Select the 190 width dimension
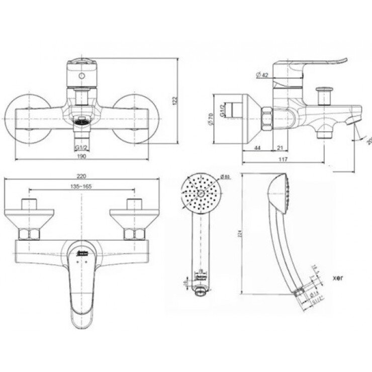82,157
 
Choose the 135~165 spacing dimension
82,187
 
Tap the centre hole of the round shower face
201,193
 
